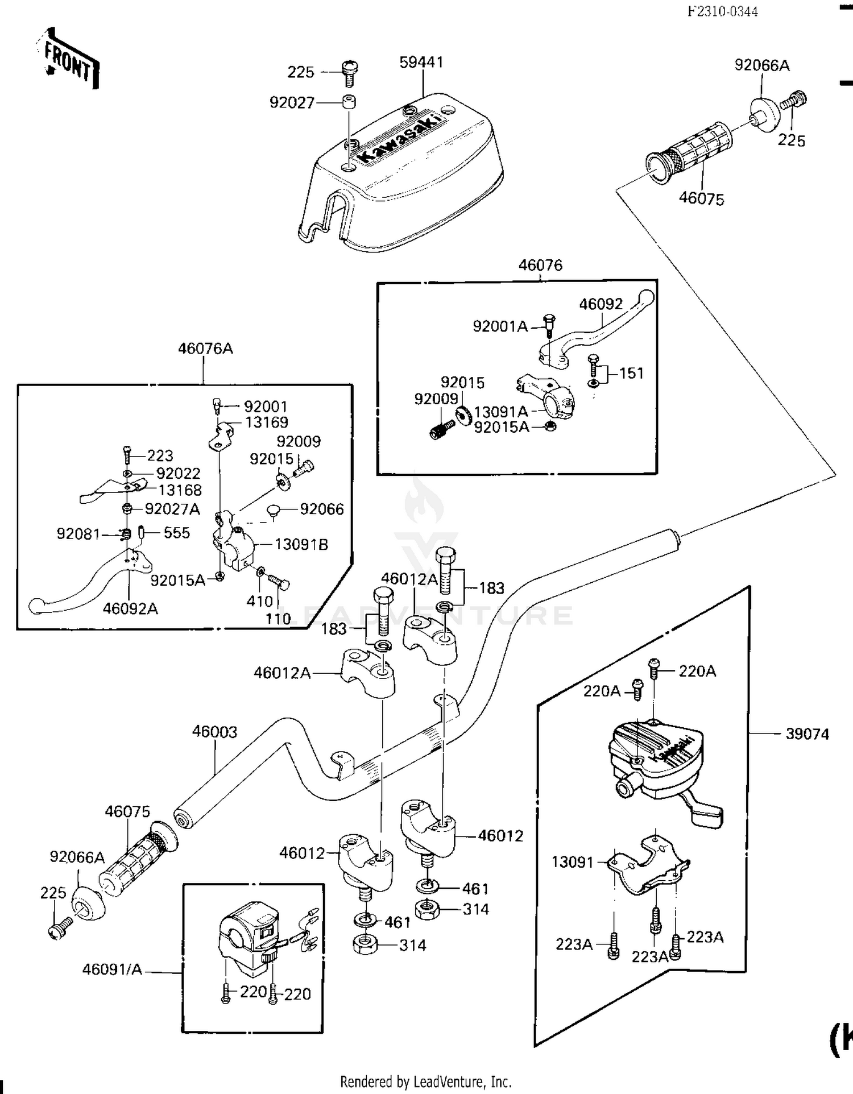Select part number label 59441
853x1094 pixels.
(421, 63)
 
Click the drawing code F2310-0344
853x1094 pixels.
(722, 12)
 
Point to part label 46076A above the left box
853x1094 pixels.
(205, 349)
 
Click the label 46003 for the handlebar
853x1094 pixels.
(214, 732)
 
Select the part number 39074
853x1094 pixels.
(807, 734)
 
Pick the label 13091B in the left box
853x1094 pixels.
(301, 545)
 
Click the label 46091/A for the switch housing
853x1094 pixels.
(112, 969)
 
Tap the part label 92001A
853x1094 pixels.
(500, 326)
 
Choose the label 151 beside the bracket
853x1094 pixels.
(631, 374)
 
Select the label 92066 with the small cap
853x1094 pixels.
(322, 509)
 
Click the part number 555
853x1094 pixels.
(176, 533)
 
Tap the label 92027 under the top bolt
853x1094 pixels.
(292, 103)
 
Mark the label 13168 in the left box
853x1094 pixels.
(180, 490)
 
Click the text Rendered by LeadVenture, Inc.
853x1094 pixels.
(425, 1081)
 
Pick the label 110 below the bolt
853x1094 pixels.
(278, 619)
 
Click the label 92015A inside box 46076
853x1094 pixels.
(501, 427)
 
